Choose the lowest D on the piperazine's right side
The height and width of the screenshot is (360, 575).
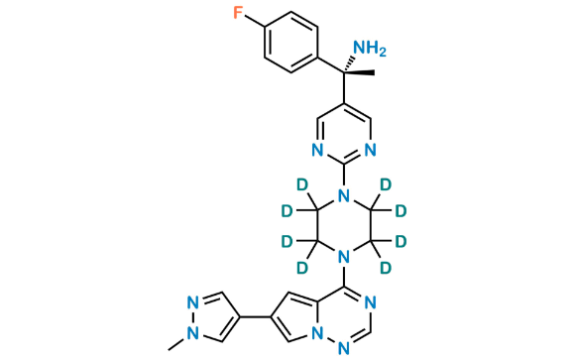pyautogui.click(x=388, y=268)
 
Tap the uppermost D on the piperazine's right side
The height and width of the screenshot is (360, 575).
pyautogui.click(x=385, y=184)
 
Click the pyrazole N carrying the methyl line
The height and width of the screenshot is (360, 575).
pyautogui.click(x=197, y=311)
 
